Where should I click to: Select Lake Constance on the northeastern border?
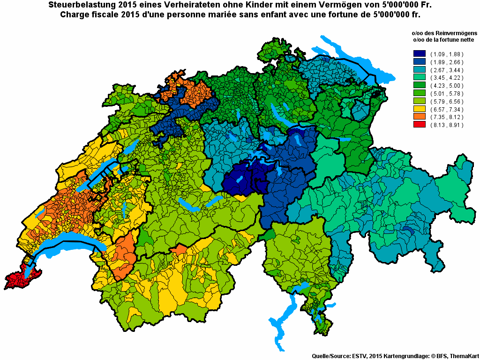click(349, 56)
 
